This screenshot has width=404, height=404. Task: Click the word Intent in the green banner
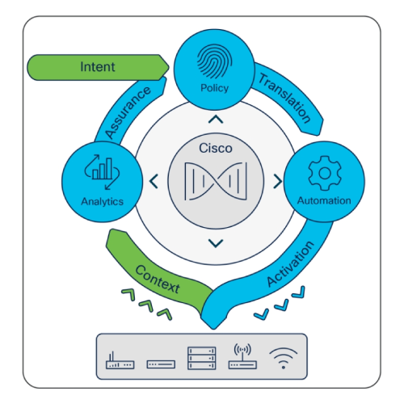pos(98,67)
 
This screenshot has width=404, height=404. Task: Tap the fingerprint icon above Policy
pos(215,61)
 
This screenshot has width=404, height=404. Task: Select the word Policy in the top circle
pos(215,88)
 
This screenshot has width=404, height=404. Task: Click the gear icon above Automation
pos(325,173)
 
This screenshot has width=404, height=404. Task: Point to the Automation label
pos(324,200)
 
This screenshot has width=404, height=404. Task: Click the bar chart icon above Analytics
pos(102,172)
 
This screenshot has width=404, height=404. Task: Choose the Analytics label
pos(103,201)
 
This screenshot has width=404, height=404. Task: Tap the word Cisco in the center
pos(216,148)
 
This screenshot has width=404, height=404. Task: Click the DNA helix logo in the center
pos(216,181)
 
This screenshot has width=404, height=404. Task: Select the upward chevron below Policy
pos(216,120)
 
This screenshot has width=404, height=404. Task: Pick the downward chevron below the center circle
pos(216,243)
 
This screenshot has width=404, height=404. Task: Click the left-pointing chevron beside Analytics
pos(154,181)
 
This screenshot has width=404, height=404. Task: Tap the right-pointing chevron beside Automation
pos(278,181)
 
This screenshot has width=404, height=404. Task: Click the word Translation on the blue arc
pos(285,98)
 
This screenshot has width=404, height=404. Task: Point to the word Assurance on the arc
pos(128,112)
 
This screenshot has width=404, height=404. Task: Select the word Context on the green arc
pos(158,279)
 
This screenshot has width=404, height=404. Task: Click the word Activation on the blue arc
pos(291,264)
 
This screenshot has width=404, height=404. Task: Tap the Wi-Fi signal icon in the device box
pos(284,358)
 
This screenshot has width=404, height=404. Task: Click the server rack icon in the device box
pos(202,358)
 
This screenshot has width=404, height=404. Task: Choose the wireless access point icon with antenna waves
pos(242,356)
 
